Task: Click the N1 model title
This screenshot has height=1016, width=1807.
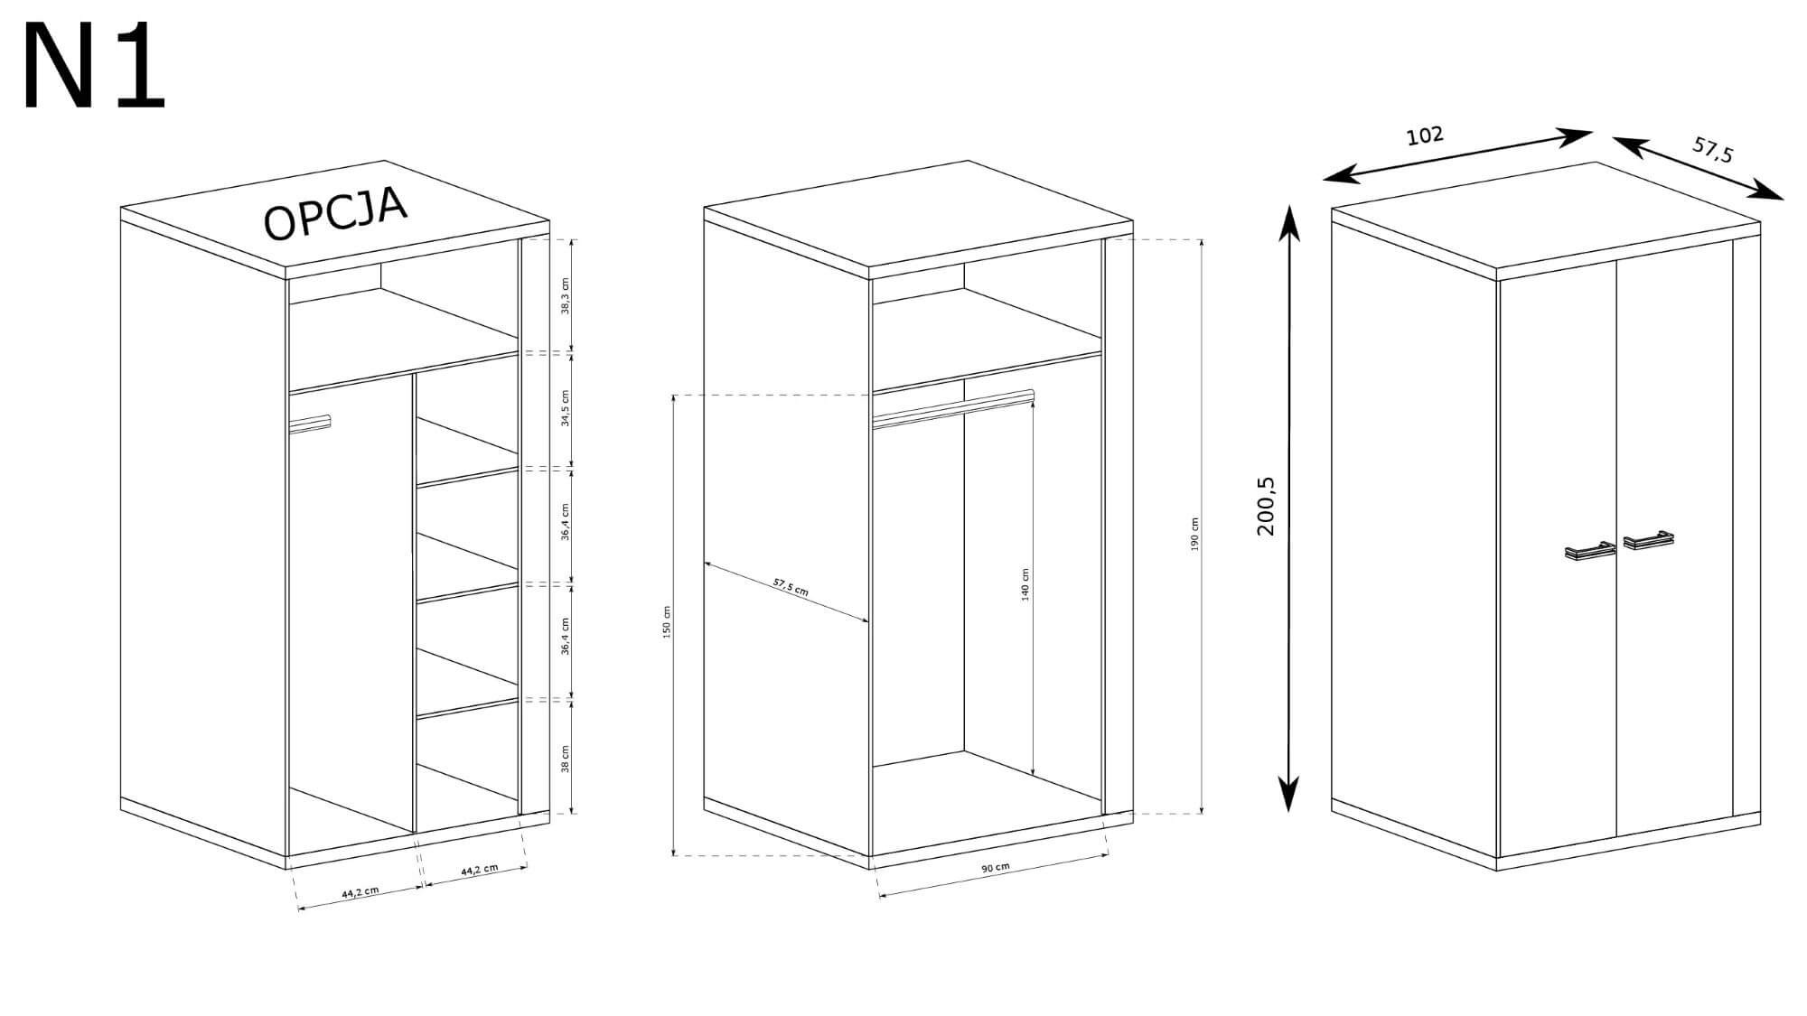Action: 94,68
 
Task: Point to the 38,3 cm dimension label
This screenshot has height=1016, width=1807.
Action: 566,296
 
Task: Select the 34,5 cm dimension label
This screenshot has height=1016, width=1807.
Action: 566,409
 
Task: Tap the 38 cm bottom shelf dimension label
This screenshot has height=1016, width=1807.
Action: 566,759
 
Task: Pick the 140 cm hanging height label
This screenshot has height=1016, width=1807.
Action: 1025,585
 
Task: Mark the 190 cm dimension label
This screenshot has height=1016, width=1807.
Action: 1194,535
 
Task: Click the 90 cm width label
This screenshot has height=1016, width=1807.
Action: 996,868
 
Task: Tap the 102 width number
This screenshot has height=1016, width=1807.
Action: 1426,136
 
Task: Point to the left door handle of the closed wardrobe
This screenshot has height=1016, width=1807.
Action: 1590,551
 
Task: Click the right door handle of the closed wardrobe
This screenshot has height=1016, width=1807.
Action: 1648,540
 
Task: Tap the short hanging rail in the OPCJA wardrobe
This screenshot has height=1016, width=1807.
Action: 312,424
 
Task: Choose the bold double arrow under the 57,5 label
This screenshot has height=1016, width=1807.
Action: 1698,167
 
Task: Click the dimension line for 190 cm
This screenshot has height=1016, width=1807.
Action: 1201,527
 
